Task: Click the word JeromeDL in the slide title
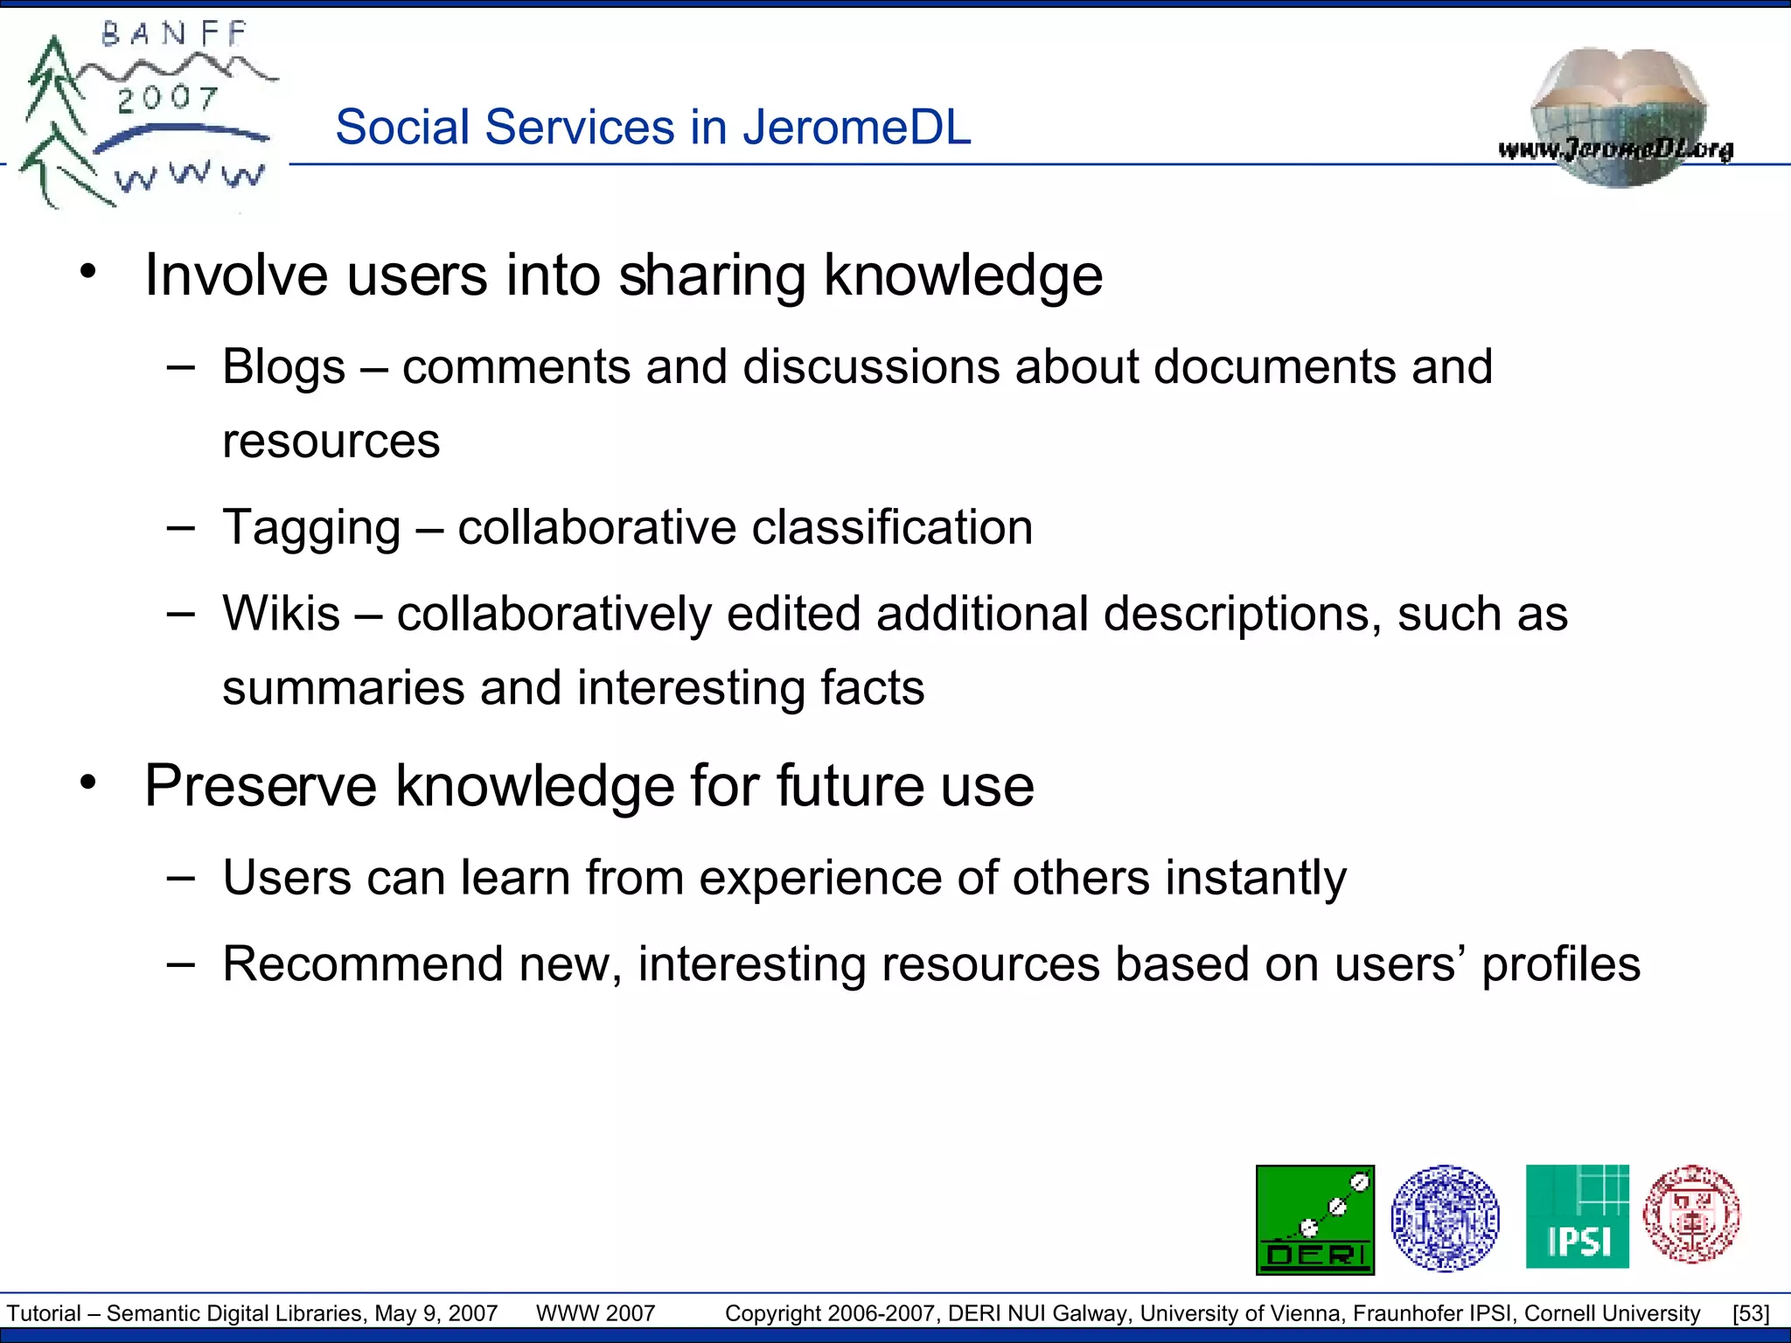(857, 128)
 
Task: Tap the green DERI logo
(1314, 1220)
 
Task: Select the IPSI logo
(1577, 1217)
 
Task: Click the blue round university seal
(1445, 1218)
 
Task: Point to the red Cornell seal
(1691, 1214)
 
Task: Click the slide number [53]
(1751, 1313)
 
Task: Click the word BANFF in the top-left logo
(175, 35)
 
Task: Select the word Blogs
(283, 367)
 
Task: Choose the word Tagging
(311, 528)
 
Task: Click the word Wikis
(281, 614)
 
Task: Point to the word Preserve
(261, 786)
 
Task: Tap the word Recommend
(363, 964)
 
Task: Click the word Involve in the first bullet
(236, 276)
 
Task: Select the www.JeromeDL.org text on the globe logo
(1615, 150)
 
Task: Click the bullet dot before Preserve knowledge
(87, 782)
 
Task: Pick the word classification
(892, 528)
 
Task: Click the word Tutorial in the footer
(44, 1313)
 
